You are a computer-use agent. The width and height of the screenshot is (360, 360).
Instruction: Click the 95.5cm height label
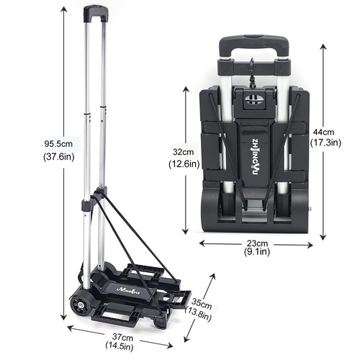tap(58, 144)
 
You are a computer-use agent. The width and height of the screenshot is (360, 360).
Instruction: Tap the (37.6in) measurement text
tap(59, 157)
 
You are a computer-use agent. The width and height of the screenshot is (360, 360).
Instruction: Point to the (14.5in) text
tap(120, 346)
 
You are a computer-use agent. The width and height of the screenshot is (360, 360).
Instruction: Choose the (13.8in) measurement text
tap(198, 314)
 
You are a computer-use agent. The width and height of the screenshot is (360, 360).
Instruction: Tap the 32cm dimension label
tap(184, 152)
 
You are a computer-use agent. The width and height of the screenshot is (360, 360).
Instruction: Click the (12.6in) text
tap(184, 164)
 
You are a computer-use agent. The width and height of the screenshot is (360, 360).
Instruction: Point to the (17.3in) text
tap(325, 143)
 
